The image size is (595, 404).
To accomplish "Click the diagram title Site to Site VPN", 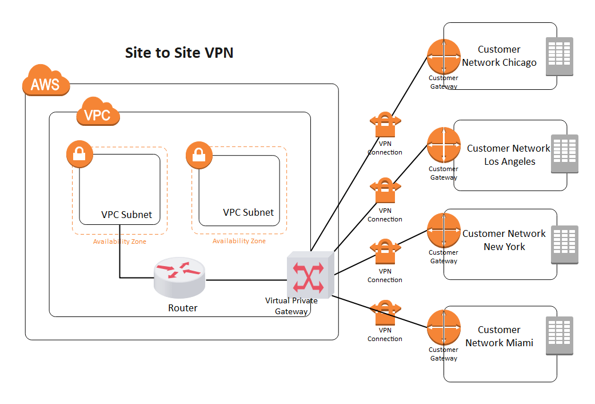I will point(179,53).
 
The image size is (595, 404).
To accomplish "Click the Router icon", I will point(179,278).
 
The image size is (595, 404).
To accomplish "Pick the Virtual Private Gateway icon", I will point(309,275).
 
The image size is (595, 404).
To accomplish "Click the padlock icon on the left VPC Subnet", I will point(79,153).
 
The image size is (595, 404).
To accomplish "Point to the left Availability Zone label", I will point(119,241).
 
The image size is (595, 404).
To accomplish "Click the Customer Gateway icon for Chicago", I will point(444,56).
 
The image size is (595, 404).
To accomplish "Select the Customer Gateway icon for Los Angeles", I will point(444,145).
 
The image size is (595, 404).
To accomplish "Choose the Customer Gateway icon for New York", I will point(444,230).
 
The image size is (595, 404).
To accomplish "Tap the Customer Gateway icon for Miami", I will point(444,327).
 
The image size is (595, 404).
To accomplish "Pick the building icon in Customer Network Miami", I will point(560,336).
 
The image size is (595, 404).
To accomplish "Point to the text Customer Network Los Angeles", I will point(509,155).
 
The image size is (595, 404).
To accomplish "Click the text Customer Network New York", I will point(504,240).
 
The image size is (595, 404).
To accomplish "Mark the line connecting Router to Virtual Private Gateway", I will point(246,280).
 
